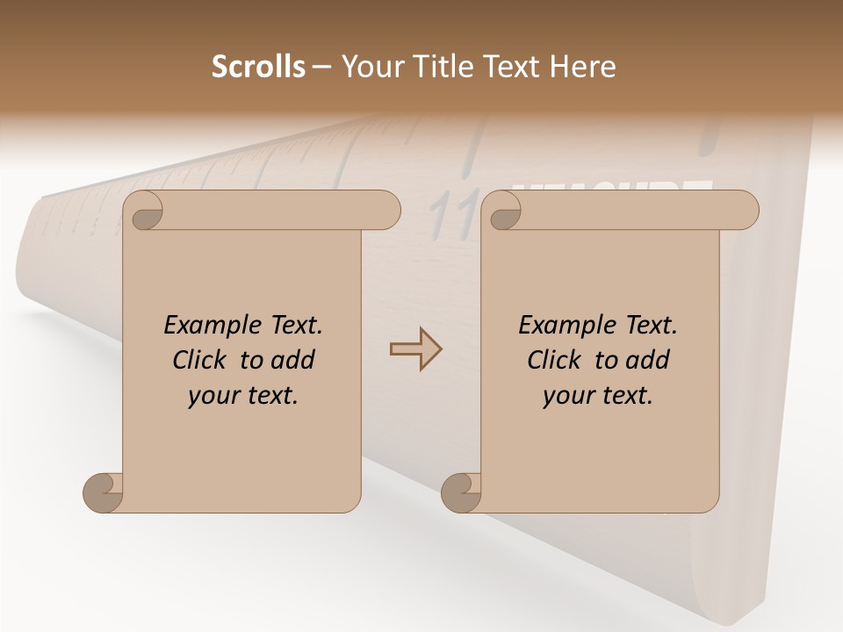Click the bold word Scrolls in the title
pos(258,67)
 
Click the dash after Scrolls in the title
pos(321,68)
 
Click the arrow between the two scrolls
pos(415,349)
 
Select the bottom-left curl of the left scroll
pos(103,492)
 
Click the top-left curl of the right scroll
pos(504,212)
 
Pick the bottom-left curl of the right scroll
pos(461,492)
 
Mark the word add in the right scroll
pos(649,360)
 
